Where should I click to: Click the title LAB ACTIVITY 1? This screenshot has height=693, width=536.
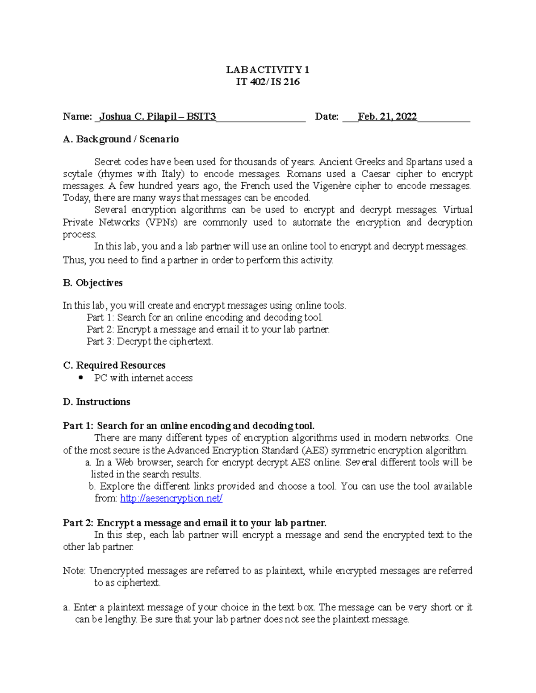[x=268, y=70]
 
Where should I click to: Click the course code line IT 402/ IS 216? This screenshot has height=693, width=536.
[x=268, y=82]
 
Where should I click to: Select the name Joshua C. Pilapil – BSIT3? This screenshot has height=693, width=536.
[x=157, y=117]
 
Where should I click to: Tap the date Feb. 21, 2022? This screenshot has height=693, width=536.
[x=387, y=117]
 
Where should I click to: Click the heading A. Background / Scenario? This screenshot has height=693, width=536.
[x=121, y=139]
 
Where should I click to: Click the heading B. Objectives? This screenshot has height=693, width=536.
[x=92, y=283]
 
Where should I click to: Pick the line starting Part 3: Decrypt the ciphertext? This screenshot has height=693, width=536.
[x=150, y=342]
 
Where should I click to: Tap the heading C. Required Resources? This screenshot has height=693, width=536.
[x=114, y=365]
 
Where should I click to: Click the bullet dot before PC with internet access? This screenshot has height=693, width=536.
[x=80, y=378]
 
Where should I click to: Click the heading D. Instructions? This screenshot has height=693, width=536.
[x=96, y=402]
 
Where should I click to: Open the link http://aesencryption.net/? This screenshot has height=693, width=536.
[x=171, y=498]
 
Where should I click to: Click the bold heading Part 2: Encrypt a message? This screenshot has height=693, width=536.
[x=194, y=523]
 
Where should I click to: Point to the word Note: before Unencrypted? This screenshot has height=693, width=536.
[x=75, y=571]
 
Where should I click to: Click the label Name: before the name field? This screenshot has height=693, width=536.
[x=77, y=117]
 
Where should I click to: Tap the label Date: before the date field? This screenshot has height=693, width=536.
[x=327, y=117]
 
